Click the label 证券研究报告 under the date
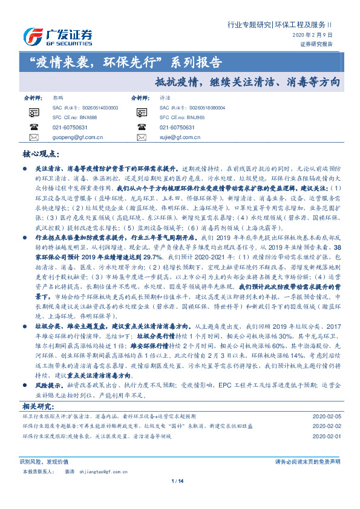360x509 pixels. [316, 44]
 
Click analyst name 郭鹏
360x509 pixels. [58, 97]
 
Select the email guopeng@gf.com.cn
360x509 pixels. [73, 138]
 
